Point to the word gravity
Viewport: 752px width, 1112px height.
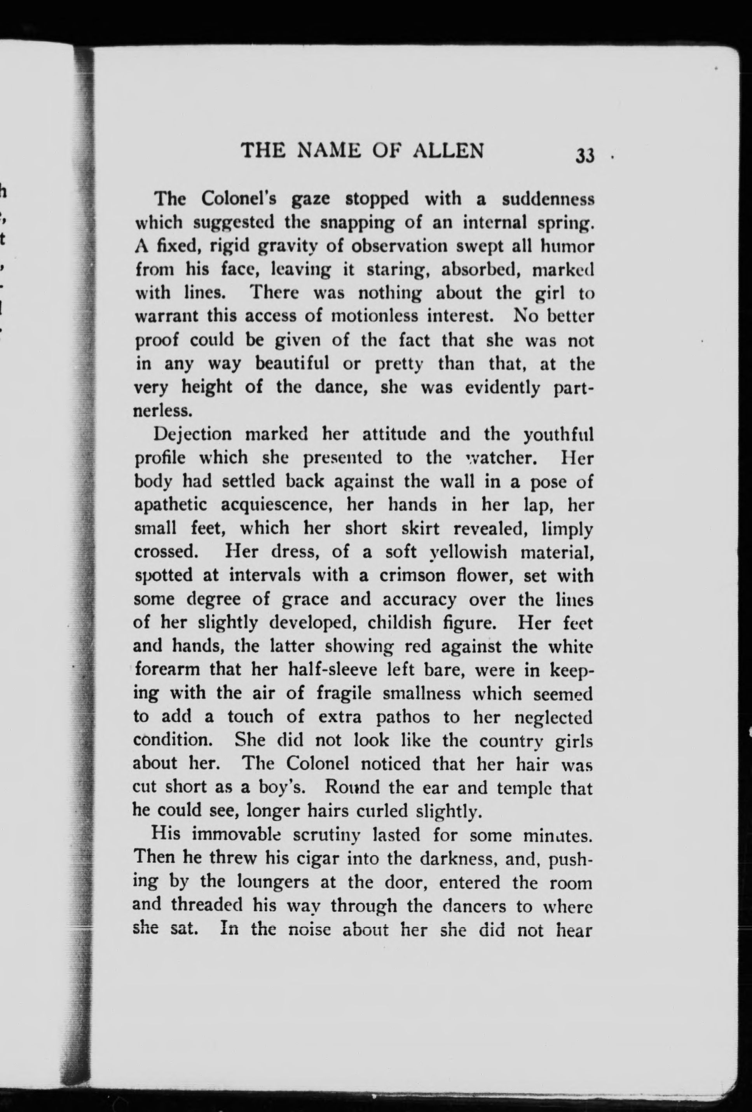point(294,247)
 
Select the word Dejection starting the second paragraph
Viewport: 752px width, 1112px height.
point(192,435)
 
